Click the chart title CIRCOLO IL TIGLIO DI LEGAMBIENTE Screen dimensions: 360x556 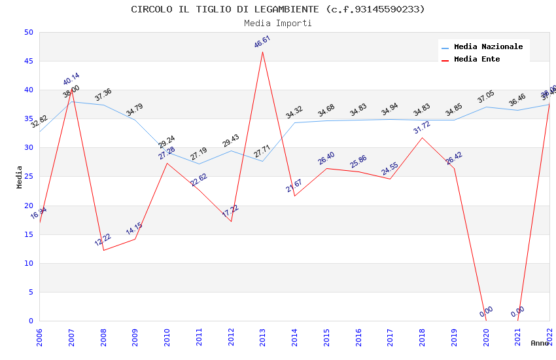click(278, 9)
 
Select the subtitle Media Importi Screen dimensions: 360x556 click(278, 23)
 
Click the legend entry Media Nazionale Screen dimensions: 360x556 click(488, 47)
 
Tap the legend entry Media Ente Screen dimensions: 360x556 click(477, 60)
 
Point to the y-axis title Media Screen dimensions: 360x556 click(20, 177)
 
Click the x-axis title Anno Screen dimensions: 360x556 click(540, 343)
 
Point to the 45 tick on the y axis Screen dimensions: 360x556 click(28, 62)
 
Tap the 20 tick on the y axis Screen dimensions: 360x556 click(28, 206)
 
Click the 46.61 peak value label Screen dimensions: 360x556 click(262, 42)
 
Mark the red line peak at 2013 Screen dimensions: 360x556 click(263, 52)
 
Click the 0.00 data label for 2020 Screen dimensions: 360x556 click(486, 312)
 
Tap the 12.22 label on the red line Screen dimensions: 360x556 click(103, 240)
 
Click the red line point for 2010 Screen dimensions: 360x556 click(167, 163)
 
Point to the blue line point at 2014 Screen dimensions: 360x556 click(294, 122)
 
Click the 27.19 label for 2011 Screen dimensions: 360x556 click(199, 154)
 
